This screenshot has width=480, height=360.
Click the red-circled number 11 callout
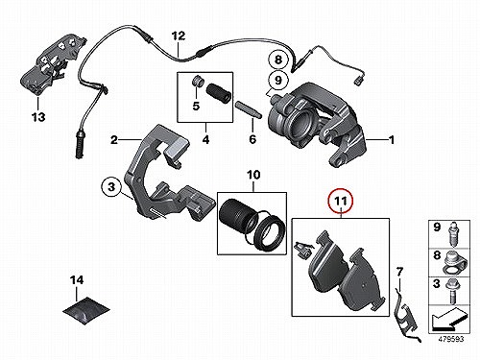(x=341, y=202)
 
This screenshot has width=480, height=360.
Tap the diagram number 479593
(x=450, y=339)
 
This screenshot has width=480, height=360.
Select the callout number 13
(x=38, y=117)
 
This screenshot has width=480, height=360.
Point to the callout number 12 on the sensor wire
(x=179, y=36)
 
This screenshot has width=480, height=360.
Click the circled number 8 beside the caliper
(x=278, y=60)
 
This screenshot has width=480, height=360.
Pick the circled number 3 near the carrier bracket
(x=111, y=186)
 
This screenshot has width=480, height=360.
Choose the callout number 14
(x=77, y=280)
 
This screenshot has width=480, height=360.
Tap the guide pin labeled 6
(x=249, y=109)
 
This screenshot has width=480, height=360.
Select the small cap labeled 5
(x=197, y=82)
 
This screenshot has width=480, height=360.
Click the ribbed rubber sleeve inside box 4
(x=218, y=93)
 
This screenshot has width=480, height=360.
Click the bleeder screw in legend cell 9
(x=453, y=234)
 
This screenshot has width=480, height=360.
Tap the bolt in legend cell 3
(x=452, y=291)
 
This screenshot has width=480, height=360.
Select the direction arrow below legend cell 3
(x=446, y=320)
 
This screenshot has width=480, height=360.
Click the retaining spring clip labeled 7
(x=405, y=314)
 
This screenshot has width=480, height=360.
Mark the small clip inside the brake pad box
(x=302, y=250)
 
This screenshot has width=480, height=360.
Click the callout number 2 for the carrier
(x=114, y=140)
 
